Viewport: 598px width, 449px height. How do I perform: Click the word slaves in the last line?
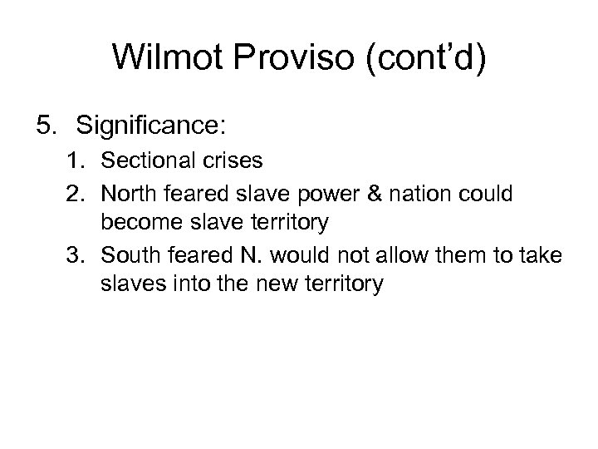(125, 284)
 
